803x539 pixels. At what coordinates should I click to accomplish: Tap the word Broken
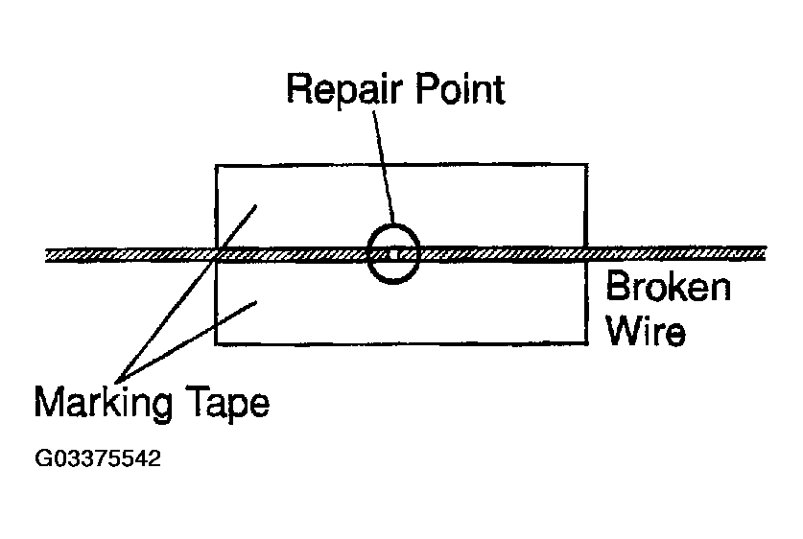[668, 287]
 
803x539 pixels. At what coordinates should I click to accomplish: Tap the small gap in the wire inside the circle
[394, 253]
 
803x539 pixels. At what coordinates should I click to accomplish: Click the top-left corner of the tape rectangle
[215, 165]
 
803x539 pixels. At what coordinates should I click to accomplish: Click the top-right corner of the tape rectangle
[586, 165]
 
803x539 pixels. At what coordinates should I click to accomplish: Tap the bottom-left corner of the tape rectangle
[215, 343]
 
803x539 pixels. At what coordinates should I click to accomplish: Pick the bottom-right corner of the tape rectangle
[586, 343]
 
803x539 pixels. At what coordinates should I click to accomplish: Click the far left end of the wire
[48, 254]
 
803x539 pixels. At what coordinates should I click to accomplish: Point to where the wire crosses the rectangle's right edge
[586, 253]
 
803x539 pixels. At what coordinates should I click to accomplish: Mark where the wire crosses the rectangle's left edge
[215, 254]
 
